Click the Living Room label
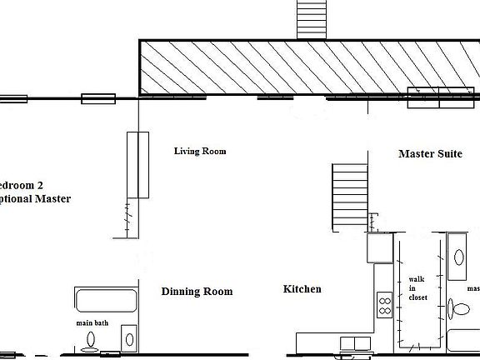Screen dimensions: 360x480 (x=200, y=152)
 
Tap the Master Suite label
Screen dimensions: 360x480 (x=430, y=154)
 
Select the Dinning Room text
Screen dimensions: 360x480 (x=197, y=292)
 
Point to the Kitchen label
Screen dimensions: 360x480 (x=302, y=289)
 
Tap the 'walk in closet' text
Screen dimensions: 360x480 (x=416, y=287)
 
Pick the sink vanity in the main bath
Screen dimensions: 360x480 (x=128, y=338)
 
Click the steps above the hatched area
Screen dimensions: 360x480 (x=313, y=18)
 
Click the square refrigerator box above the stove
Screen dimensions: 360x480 (x=380, y=247)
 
